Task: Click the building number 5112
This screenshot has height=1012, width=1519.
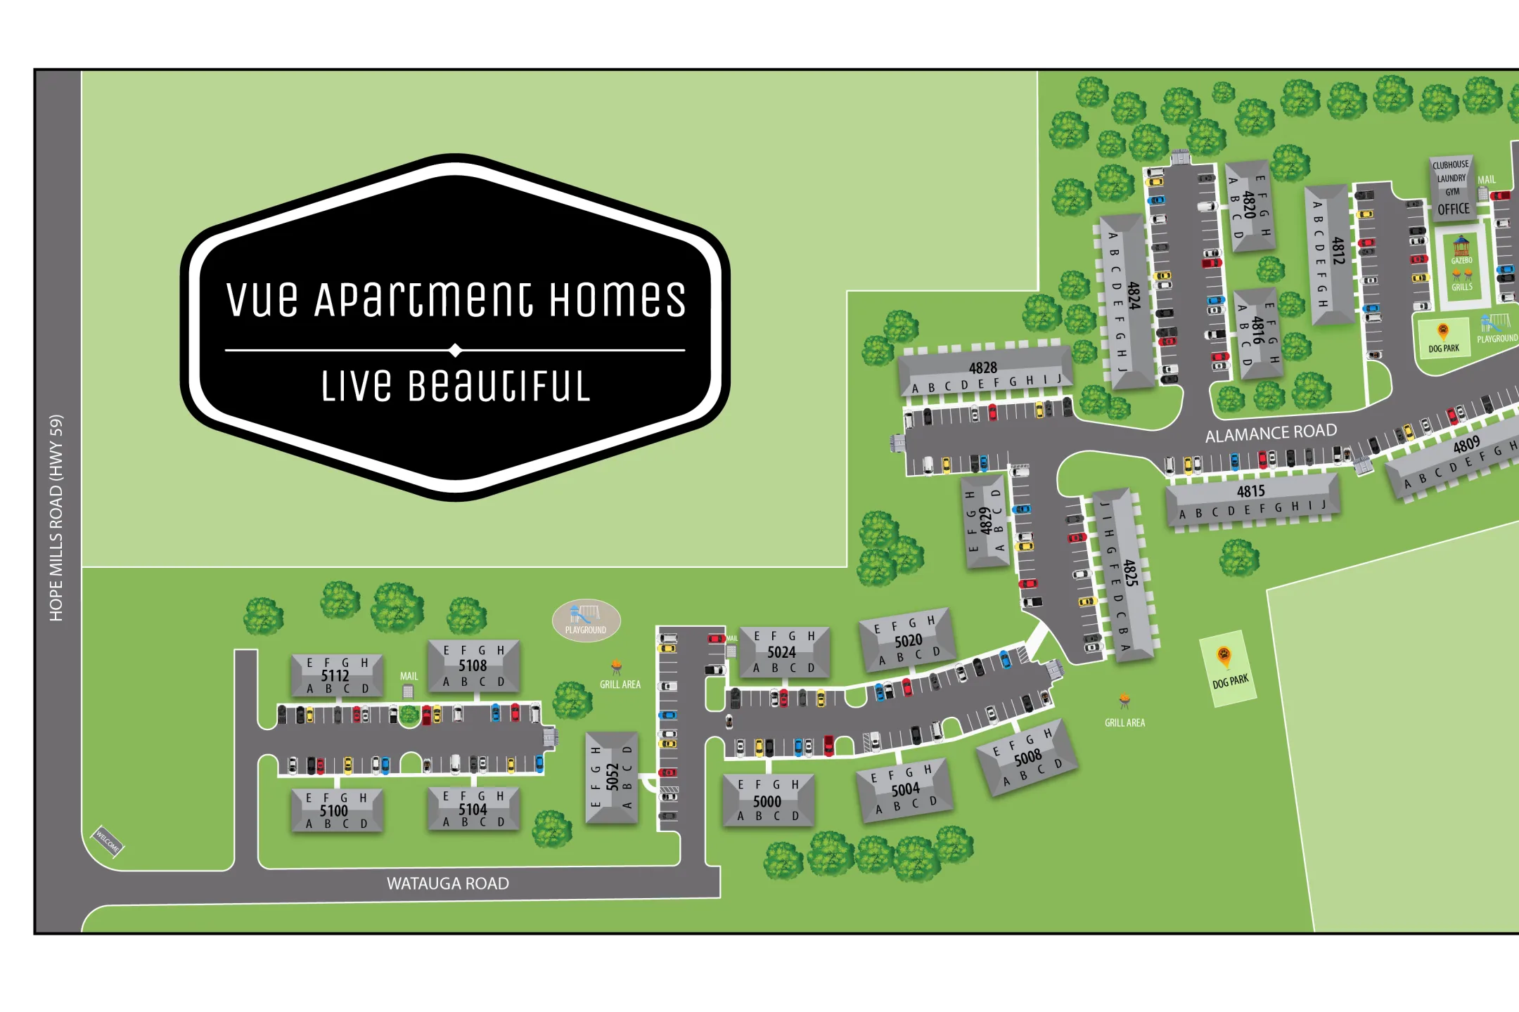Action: click(335, 675)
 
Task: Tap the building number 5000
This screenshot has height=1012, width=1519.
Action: click(767, 801)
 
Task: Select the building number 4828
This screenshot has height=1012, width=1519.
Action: click(982, 368)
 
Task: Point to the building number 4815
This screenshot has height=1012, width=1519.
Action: click(1250, 491)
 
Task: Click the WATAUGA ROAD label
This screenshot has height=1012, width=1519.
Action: click(448, 883)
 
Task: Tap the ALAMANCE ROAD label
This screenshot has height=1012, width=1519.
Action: click(1271, 433)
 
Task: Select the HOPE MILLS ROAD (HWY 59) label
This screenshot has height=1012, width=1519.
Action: click(56, 518)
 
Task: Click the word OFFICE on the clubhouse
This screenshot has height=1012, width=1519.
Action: click(1453, 209)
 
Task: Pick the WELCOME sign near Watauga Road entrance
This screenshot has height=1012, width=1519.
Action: click(108, 841)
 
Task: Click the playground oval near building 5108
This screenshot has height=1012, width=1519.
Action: click(586, 620)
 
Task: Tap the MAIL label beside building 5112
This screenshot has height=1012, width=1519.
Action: click(409, 676)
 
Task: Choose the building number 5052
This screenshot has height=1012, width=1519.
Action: click(613, 777)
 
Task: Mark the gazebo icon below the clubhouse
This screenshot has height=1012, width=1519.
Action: click(1461, 247)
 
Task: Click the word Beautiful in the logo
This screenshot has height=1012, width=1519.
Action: click(499, 387)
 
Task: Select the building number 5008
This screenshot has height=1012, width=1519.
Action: click(1027, 758)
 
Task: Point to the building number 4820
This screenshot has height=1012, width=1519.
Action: click(1249, 205)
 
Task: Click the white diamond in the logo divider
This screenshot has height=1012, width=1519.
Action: click(455, 350)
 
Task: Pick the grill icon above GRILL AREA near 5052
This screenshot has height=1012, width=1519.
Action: click(616, 666)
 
